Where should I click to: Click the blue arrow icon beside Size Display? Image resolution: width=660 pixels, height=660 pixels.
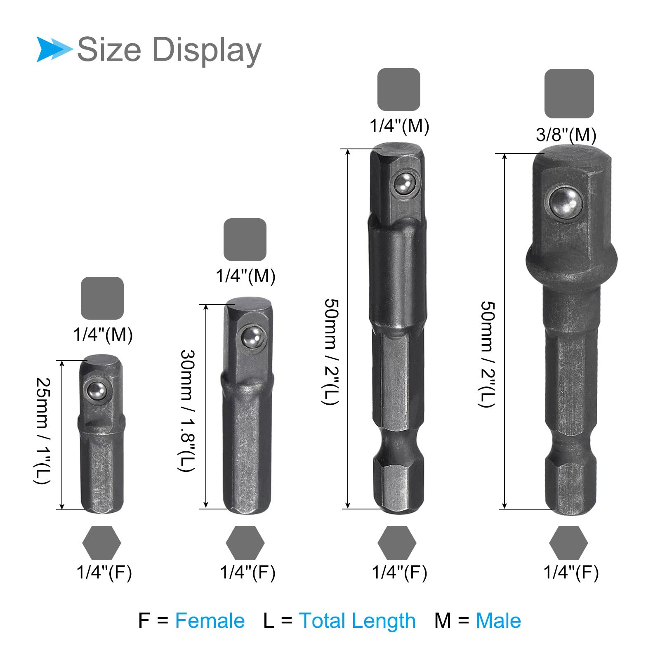click(x=54, y=49)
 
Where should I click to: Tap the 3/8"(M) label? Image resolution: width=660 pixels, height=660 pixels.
click(x=566, y=135)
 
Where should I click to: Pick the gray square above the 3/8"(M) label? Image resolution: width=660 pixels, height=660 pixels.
click(x=569, y=94)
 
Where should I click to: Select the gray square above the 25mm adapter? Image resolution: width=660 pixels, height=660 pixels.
click(x=102, y=298)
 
